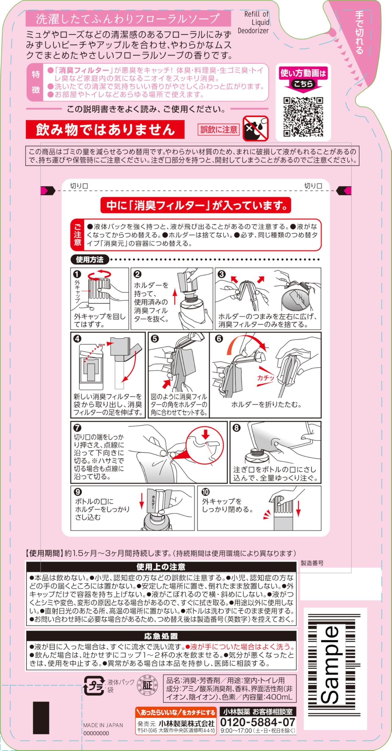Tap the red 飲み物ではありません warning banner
(x=105, y=129)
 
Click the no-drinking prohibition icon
(x=256, y=128)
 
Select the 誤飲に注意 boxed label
(x=219, y=129)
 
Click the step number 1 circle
(x=77, y=274)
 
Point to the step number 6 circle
(x=219, y=339)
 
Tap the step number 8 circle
(x=236, y=428)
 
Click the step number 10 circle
(x=206, y=492)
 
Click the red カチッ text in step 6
(x=266, y=378)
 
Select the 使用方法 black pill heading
(x=90, y=259)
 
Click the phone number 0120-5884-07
(x=258, y=722)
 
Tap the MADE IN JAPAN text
(x=103, y=725)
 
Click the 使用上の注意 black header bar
(x=161, y=566)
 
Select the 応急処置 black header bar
(x=161, y=636)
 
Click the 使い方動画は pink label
(x=303, y=73)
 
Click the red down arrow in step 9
(x=142, y=501)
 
